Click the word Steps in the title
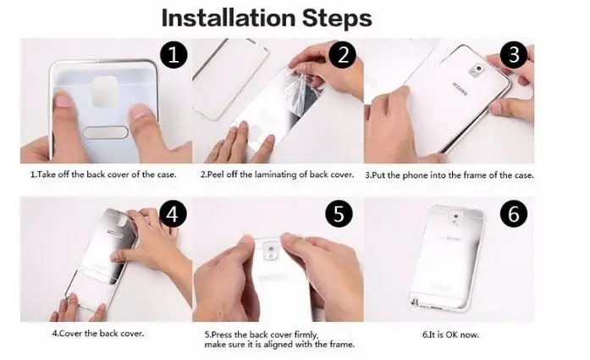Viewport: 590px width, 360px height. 337,18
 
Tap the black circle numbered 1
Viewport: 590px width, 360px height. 174,55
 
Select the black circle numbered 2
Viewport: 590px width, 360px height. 343,55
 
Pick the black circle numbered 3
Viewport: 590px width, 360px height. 514,55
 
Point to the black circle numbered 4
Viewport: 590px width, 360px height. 173,214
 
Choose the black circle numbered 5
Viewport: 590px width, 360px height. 339,214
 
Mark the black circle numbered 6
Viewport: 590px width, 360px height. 514,214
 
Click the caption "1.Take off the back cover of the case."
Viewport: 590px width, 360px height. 103,174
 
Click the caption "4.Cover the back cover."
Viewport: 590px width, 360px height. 98,334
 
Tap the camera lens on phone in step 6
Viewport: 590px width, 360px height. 456,218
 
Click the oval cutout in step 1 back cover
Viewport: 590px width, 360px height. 106,132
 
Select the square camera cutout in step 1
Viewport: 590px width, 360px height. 105,91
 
